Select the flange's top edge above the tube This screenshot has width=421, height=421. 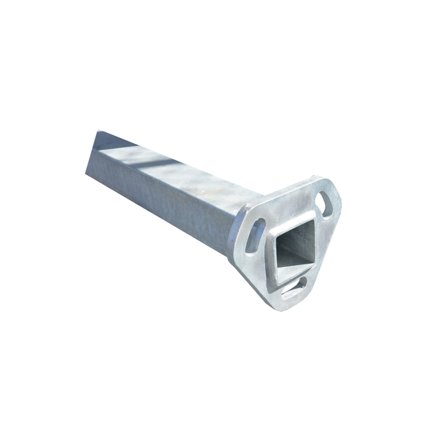(x=276, y=191)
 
